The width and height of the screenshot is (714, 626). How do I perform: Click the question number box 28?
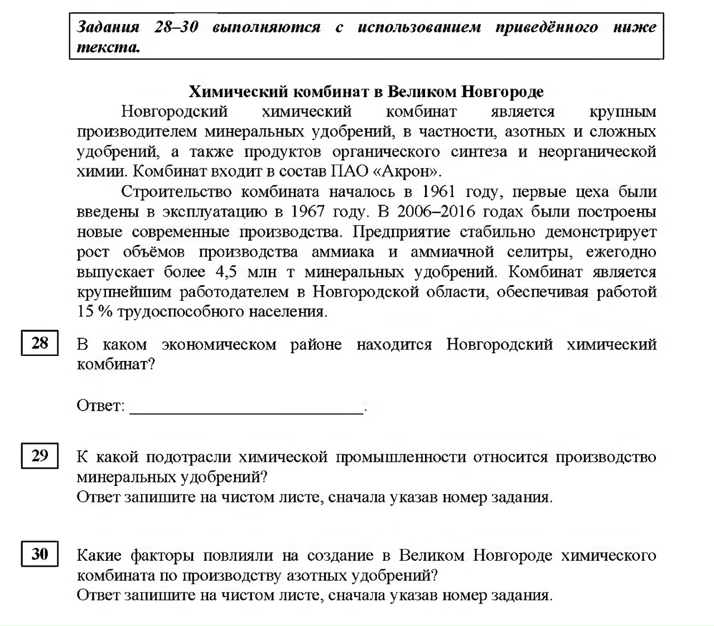click(40, 343)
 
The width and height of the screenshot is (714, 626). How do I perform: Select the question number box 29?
click(40, 456)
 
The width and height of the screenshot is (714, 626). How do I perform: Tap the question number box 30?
click(40, 554)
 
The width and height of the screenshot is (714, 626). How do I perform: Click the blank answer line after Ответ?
click(246, 407)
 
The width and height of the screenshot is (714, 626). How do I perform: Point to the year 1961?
click(439, 192)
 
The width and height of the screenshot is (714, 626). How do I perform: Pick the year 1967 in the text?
click(309, 212)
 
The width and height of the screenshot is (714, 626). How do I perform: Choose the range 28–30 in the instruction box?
click(176, 27)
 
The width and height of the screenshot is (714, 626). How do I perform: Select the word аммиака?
click(343, 252)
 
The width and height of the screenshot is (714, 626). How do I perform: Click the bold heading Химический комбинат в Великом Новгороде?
click(366, 92)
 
